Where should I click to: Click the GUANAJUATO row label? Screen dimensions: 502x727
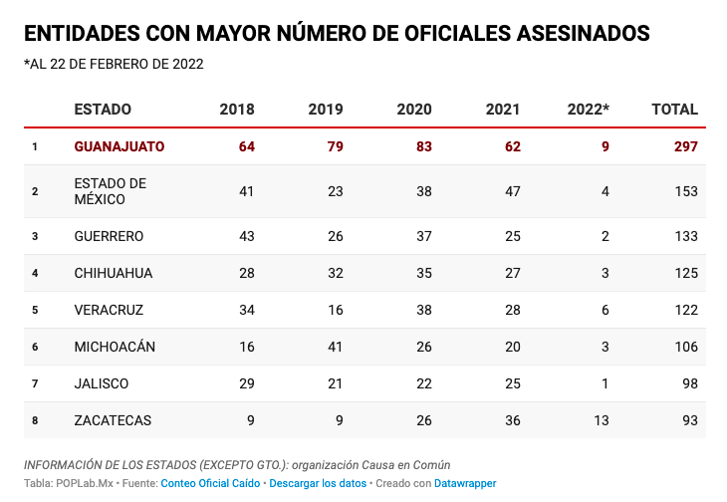pyautogui.click(x=120, y=146)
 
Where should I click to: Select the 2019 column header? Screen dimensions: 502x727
pyautogui.click(x=326, y=110)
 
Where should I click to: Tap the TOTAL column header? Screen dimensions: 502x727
pyautogui.click(x=674, y=110)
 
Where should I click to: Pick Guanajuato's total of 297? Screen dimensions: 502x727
pyautogui.click(x=685, y=146)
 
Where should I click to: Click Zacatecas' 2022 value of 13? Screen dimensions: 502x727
pyautogui.click(x=601, y=420)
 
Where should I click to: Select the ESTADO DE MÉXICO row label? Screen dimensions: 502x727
pyautogui.click(x=111, y=191)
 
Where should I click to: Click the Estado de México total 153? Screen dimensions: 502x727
pyautogui.click(x=685, y=191)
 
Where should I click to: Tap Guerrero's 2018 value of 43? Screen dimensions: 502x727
pyautogui.click(x=246, y=236)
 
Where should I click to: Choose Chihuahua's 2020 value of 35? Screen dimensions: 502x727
pyautogui.click(x=422, y=273)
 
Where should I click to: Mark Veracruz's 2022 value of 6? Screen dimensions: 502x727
pyautogui.click(x=605, y=310)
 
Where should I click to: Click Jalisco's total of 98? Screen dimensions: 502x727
pyautogui.click(x=689, y=383)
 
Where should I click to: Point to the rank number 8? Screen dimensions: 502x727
pyautogui.click(x=35, y=420)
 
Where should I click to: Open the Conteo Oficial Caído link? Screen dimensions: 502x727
pyautogui.click(x=211, y=483)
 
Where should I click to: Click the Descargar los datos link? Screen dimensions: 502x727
pyautogui.click(x=318, y=483)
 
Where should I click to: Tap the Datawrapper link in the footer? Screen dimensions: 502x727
pyautogui.click(x=465, y=483)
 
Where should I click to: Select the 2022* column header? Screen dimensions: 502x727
pyautogui.click(x=588, y=110)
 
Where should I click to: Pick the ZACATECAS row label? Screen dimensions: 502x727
pyautogui.click(x=113, y=420)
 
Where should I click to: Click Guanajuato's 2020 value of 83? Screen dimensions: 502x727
pyautogui.click(x=422, y=146)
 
